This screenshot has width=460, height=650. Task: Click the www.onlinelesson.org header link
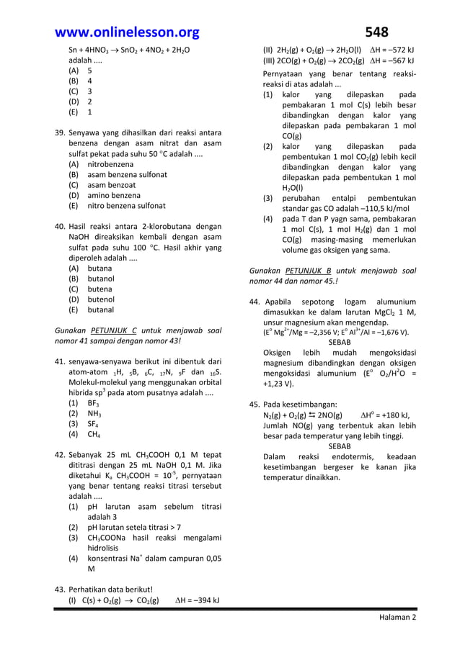tap(127, 32)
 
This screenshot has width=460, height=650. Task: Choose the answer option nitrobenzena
tap(110, 164)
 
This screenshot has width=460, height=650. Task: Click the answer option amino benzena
tap(114, 195)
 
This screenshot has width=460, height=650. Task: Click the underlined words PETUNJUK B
tap(308, 271)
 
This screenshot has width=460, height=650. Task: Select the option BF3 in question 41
tap(94, 403)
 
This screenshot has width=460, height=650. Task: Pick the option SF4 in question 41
tap(94, 424)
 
